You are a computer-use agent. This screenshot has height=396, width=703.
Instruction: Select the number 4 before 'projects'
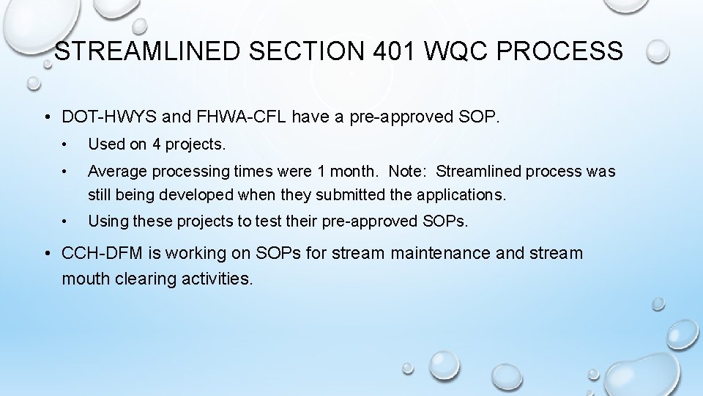click(x=157, y=144)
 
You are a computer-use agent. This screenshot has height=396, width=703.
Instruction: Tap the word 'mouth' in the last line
click(x=86, y=279)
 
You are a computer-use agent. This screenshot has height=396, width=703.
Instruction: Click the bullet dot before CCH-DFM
click(x=47, y=254)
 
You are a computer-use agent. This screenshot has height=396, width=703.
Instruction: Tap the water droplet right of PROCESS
click(x=658, y=51)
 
